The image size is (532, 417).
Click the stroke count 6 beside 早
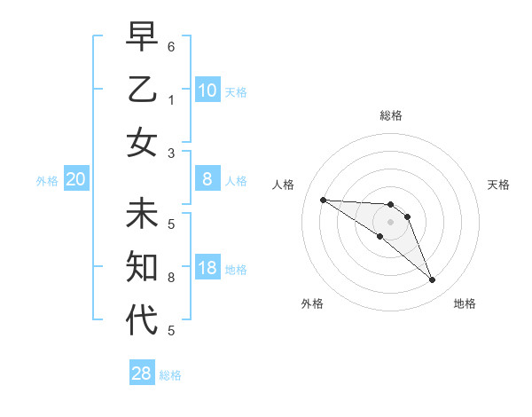pos(170,45)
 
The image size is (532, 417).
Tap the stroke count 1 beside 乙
pos(170,99)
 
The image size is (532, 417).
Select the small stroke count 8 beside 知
pos(170,278)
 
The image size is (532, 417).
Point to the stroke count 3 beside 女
pos(170,153)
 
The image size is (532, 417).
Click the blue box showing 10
pos(207,90)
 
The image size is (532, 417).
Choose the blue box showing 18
pos(207,269)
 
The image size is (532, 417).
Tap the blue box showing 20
pos(75,180)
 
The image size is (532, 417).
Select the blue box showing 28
pos(142,374)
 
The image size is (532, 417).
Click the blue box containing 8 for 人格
pos(207,180)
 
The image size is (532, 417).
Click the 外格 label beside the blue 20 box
pos(47,181)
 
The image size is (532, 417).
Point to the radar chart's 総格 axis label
pos(391,115)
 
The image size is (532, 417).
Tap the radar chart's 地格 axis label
pos(465,304)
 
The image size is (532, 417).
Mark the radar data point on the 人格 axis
pos(323,200)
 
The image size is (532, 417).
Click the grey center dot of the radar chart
pos(390,222)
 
